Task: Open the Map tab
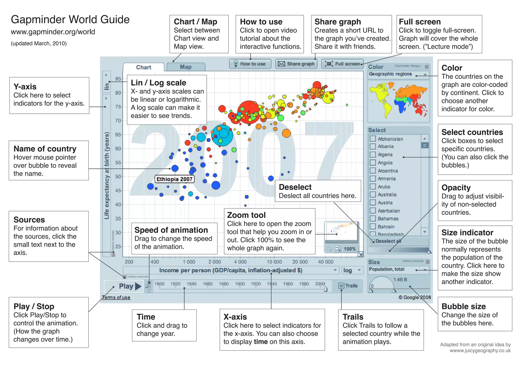click(186, 67)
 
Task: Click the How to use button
click(250, 64)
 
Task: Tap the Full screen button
click(343, 64)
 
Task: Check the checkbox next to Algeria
click(373, 154)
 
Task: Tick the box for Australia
click(373, 194)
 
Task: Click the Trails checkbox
click(341, 286)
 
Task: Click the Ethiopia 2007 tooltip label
click(174, 179)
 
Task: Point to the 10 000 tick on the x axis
click(274, 262)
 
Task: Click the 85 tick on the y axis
click(118, 79)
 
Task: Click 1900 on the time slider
click(240, 284)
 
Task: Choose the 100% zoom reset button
click(350, 249)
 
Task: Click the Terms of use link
click(116, 298)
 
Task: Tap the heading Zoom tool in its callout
click(246, 215)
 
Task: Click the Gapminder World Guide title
click(70, 19)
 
